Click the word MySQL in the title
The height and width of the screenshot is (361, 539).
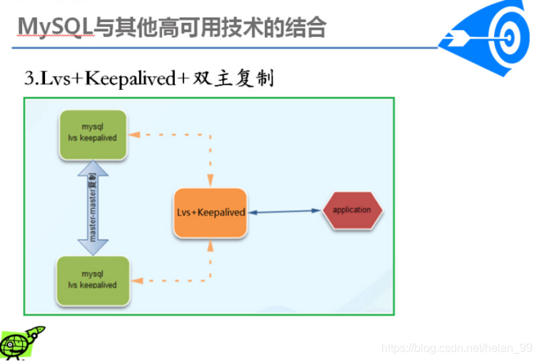coord(55,28)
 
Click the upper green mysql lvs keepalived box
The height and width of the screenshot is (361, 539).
coord(93,135)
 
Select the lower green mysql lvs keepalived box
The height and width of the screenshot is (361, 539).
coord(93,280)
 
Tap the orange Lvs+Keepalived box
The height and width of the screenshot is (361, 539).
coord(211,213)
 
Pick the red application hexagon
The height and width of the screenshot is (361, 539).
coord(353,210)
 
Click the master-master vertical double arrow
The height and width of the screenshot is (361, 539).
coord(93,208)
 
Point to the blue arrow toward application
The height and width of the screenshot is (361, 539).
coord(285,212)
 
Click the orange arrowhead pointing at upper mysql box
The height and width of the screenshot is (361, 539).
coord(134,135)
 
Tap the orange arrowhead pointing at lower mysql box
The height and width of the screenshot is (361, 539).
coord(138,280)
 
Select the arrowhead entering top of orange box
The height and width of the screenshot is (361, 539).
coord(211,180)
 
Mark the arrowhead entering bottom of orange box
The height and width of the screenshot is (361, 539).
coord(211,245)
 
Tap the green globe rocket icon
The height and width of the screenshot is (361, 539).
coord(21,342)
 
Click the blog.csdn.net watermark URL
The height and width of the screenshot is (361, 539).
coord(457,348)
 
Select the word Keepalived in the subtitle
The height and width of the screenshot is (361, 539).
coord(131,78)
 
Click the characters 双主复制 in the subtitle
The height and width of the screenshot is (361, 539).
coord(233,78)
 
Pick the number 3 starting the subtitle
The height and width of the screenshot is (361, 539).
coord(29,78)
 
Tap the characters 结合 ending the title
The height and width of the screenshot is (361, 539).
coord(305,28)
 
